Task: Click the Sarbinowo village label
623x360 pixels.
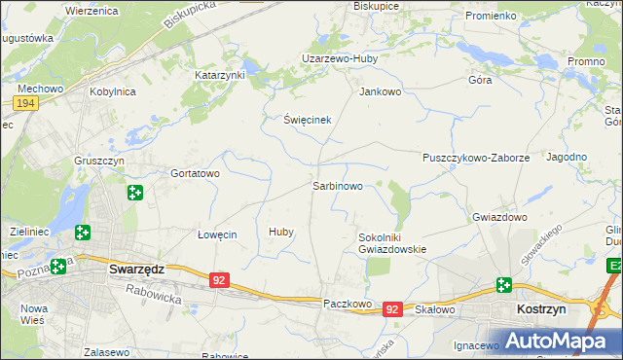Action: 337,185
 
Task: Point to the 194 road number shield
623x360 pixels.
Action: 26,102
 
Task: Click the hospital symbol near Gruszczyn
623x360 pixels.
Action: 134,193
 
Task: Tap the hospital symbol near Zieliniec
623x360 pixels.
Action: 83,233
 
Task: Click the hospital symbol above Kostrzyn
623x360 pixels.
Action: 503,285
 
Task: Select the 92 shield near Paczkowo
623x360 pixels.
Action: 391,308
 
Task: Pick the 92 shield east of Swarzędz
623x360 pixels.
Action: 219,280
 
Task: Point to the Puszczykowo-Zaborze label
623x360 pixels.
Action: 476,158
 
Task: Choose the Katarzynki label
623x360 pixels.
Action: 220,74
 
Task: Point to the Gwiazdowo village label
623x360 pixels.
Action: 499,217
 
